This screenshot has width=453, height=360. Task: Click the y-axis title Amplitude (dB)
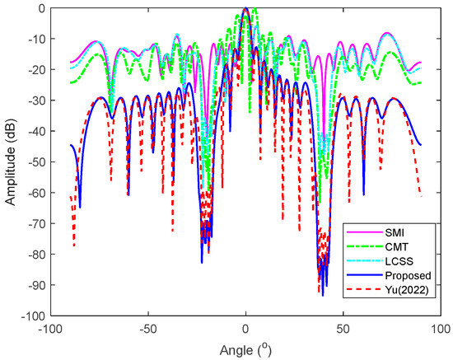click(x=11, y=161)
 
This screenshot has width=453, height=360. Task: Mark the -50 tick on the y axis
click(x=40, y=161)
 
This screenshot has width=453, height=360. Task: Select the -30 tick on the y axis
click(x=40, y=101)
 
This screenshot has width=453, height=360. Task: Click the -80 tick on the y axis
click(x=40, y=254)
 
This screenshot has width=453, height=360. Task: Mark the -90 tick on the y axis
click(x=40, y=285)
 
